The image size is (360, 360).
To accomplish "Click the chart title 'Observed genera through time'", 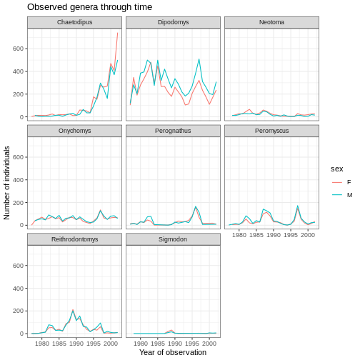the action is coord(89,7).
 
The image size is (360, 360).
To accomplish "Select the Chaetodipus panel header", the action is coord(74,22).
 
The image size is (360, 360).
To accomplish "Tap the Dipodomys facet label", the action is coord(173,22).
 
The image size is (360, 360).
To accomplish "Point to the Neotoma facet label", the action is coord(271,22).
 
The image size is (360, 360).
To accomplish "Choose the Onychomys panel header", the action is coord(74,131).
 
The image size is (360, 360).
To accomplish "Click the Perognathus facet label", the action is coord(173,131).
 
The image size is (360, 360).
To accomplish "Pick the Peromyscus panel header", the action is coord(271,131).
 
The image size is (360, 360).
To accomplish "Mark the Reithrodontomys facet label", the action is coord(74,239).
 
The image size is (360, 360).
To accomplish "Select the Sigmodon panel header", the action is coord(173,239).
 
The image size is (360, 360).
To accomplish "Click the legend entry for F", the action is coord(342,182).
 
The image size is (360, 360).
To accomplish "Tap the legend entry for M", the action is coord(342,195).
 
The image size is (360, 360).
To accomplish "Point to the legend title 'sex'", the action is coord(336,169).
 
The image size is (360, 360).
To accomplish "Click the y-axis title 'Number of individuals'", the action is coord(6,183).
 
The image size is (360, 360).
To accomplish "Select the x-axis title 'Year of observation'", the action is coord(173,352).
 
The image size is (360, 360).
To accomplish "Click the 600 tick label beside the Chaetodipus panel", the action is coord(19,49).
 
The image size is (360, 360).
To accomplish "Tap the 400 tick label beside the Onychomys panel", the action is coord(19,180).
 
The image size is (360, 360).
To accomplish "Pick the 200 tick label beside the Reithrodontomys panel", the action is coord(19,311).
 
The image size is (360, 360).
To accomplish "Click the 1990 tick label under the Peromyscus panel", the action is coord(274,235).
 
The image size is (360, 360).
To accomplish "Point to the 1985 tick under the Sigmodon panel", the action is coord(158,344).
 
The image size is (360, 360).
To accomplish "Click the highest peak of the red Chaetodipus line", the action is coord(117,33).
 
